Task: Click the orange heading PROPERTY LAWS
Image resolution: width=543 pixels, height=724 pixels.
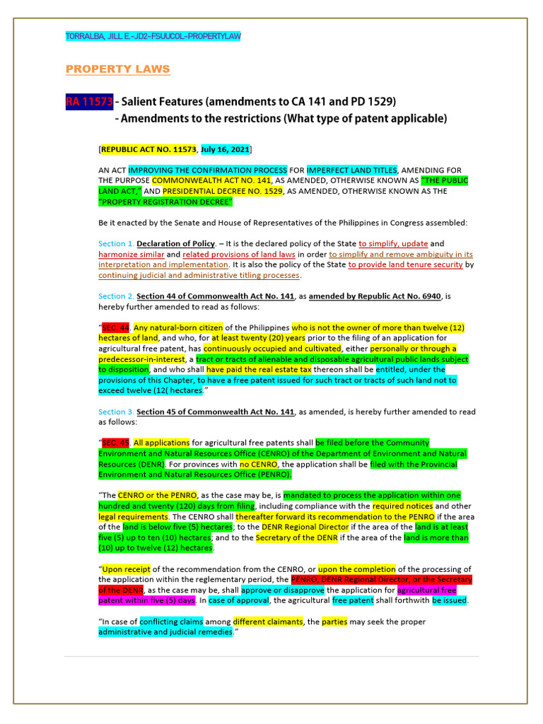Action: tap(117, 69)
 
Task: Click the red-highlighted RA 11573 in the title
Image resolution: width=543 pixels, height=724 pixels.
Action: tap(89, 102)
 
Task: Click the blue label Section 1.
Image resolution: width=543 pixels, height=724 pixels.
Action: tap(116, 243)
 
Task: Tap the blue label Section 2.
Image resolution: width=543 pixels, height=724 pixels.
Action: tap(116, 296)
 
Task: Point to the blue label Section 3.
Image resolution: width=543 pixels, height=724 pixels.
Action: tap(116, 411)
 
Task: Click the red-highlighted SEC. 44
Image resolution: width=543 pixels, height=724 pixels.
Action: tap(116, 328)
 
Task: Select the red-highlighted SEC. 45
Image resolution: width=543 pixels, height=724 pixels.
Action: tap(116, 443)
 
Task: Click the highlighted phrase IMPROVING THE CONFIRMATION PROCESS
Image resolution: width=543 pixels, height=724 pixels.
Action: tap(208, 170)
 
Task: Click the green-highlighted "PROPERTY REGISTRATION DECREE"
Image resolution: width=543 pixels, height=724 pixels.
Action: tap(165, 202)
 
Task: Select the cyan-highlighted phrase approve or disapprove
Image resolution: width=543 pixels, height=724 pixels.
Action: tap(282, 590)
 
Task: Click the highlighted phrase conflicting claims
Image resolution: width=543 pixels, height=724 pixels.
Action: tap(171, 621)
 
